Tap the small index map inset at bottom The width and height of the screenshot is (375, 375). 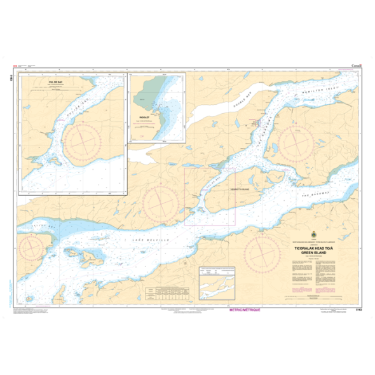(x=217, y=283)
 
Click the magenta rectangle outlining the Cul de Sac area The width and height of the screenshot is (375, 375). (x=210, y=196)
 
